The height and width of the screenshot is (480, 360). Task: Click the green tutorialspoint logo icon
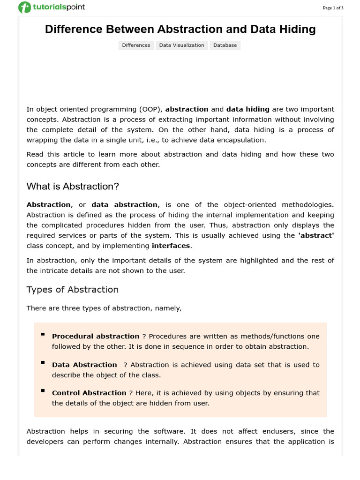[x=24, y=7]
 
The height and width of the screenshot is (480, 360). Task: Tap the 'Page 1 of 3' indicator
[x=333, y=8]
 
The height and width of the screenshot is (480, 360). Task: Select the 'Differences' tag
[x=136, y=45]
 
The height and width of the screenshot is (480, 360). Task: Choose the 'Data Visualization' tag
[x=181, y=45]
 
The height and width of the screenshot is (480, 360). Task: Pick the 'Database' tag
[x=225, y=45]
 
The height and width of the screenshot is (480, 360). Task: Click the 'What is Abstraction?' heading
[x=73, y=187]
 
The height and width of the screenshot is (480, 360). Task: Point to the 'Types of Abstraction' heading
[x=73, y=290]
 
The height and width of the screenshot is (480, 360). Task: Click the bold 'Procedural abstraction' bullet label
[x=96, y=337]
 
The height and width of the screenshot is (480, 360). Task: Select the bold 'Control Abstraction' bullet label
[x=89, y=393]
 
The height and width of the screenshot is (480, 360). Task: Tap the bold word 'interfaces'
[x=171, y=246]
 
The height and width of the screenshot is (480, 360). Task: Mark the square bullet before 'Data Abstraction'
[x=43, y=362]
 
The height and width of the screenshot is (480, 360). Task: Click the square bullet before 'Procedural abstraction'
[x=43, y=334]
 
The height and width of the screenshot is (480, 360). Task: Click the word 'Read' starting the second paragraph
[x=35, y=154]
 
